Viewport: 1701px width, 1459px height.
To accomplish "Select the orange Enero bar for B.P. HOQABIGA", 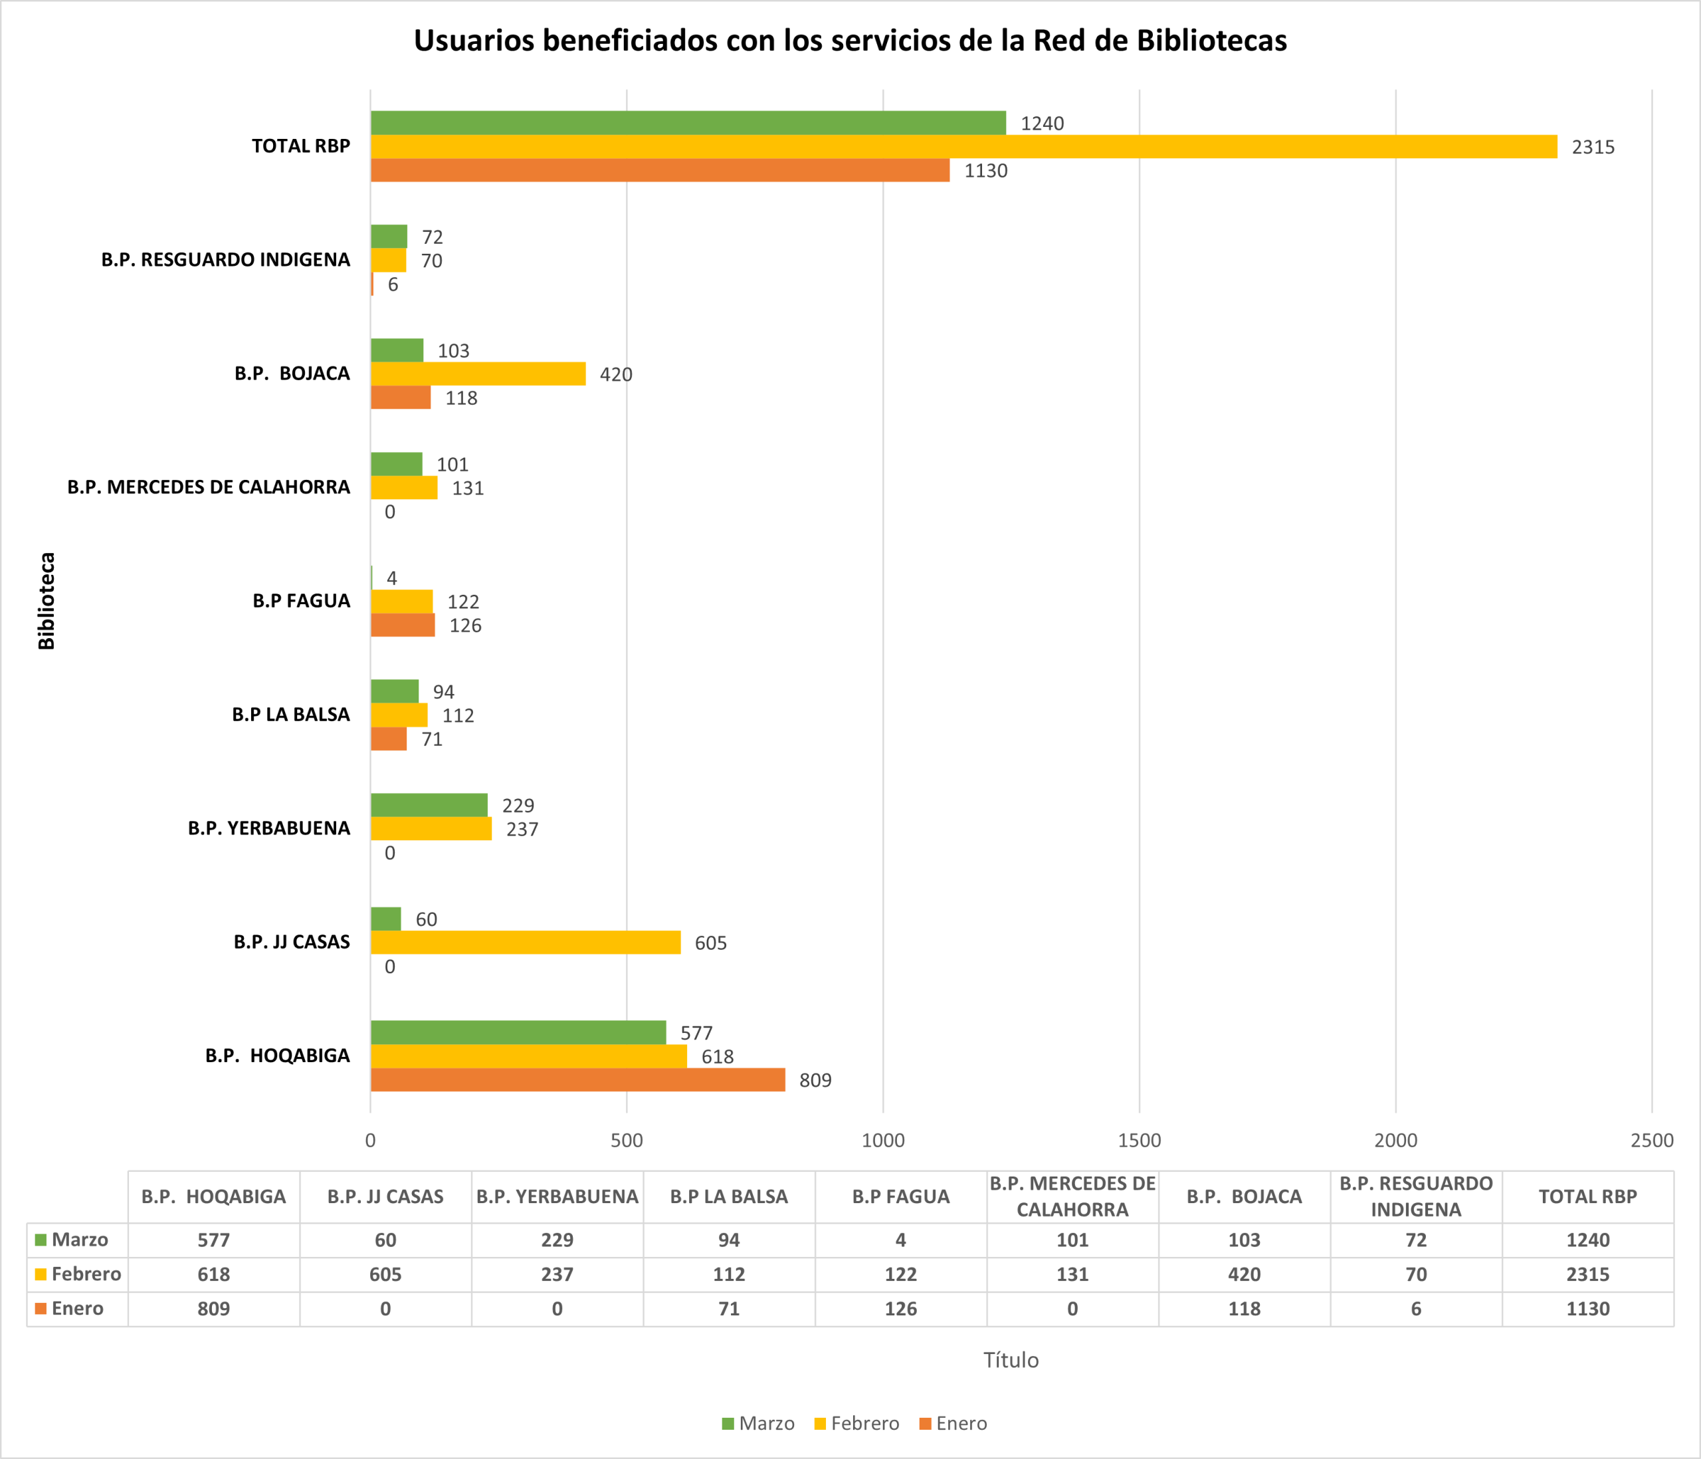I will tap(577, 1079).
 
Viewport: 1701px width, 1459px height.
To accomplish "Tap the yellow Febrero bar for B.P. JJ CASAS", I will tap(526, 943).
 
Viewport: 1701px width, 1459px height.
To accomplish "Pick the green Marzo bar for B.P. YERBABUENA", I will tap(429, 805).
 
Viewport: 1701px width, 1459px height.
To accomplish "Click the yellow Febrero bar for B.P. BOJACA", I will tap(478, 374).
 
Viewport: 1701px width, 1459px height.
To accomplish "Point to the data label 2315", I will tap(1593, 148).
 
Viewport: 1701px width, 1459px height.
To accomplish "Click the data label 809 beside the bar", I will tap(815, 1081).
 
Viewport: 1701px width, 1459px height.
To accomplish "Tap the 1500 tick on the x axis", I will tap(1140, 1141).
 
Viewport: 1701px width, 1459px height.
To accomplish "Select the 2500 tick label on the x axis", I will tap(1652, 1141).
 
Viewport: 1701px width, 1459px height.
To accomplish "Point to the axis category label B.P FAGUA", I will tap(301, 601).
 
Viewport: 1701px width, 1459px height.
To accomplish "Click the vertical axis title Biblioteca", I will tap(47, 601).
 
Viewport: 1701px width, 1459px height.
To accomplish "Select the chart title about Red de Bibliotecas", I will tap(850, 41).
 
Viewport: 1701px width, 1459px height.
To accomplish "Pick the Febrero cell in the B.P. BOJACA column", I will tap(1244, 1274).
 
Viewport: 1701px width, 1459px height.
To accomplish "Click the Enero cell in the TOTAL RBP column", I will tap(1587, 1309).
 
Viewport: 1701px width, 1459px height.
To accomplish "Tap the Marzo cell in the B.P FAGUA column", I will tap(900, 1240).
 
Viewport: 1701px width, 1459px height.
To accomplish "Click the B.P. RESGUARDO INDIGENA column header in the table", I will tap(1416, 1196).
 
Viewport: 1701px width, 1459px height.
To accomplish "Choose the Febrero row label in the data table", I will tap(85, 1274).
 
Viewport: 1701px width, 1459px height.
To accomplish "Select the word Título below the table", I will tap(1011, 1361).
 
